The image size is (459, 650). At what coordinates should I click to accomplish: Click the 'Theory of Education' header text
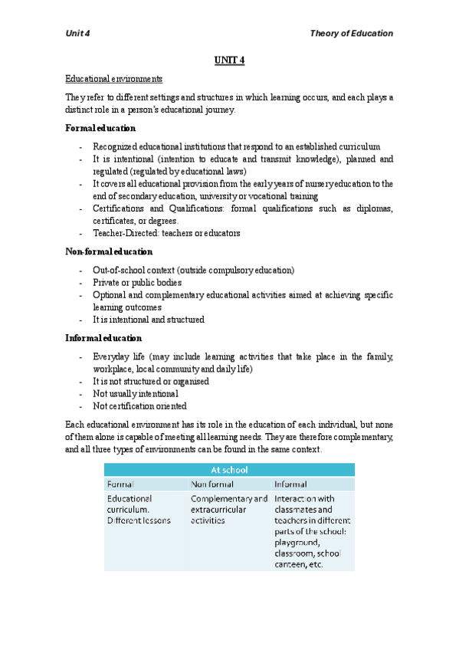(x=351, y=34)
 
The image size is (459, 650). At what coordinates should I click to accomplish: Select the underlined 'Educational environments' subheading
(x=113, y=79)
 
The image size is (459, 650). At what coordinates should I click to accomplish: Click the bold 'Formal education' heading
(x=100, y=128)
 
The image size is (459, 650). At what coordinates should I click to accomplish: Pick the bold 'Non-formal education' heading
(x=109, y=251)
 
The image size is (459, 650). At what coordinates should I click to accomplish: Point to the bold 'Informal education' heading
(x=103, y=338)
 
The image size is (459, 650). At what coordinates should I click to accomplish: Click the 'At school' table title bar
(x=229, y=470)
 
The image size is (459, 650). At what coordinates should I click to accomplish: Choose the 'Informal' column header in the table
(x=291, y=484)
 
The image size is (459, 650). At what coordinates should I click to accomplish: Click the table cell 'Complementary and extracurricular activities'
(x=229, y=509)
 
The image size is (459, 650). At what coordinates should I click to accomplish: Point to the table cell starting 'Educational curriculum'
(x=139, y=509)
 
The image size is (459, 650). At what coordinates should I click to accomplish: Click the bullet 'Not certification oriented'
(x=139, y=406)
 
